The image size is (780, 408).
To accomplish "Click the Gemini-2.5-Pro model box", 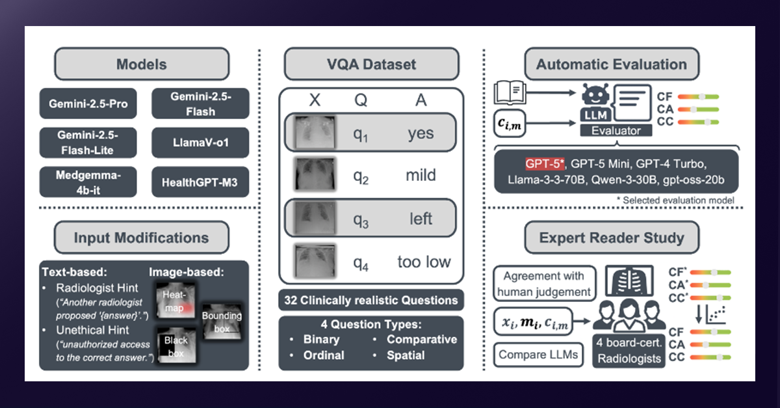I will pyautogui.click(x=88, y=103).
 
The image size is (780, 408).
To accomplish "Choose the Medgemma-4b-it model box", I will pyautogui.click(x=88, y=182).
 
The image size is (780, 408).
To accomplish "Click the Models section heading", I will pyautogui.click(x=142, y=64).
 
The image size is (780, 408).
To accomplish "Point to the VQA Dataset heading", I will pyautogui.click(x=371, y=64).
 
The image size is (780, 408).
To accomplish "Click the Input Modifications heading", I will pyautogui.click(x=142, y=238).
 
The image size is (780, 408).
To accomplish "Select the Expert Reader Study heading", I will pyautogui.click(x=612, y=238).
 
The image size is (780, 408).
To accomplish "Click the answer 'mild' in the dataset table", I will pyautogui.click(x=421, y=176).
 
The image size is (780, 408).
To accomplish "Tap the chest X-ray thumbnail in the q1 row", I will pyautogui.click(x=314, y=133).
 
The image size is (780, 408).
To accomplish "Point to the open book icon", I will pyautogui.click(x=510, y=92).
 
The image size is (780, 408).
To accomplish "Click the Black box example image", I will pyautogui.click(x=176, y=344).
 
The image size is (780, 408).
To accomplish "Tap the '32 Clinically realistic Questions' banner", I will pyautogui.click(x=371, y=301).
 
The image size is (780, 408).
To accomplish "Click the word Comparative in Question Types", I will pyautogui.click(x=422, y=339).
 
